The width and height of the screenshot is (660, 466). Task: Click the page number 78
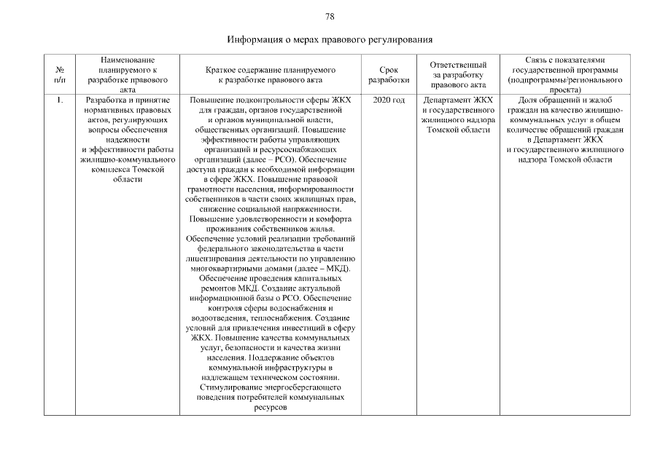tap(330, 16)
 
